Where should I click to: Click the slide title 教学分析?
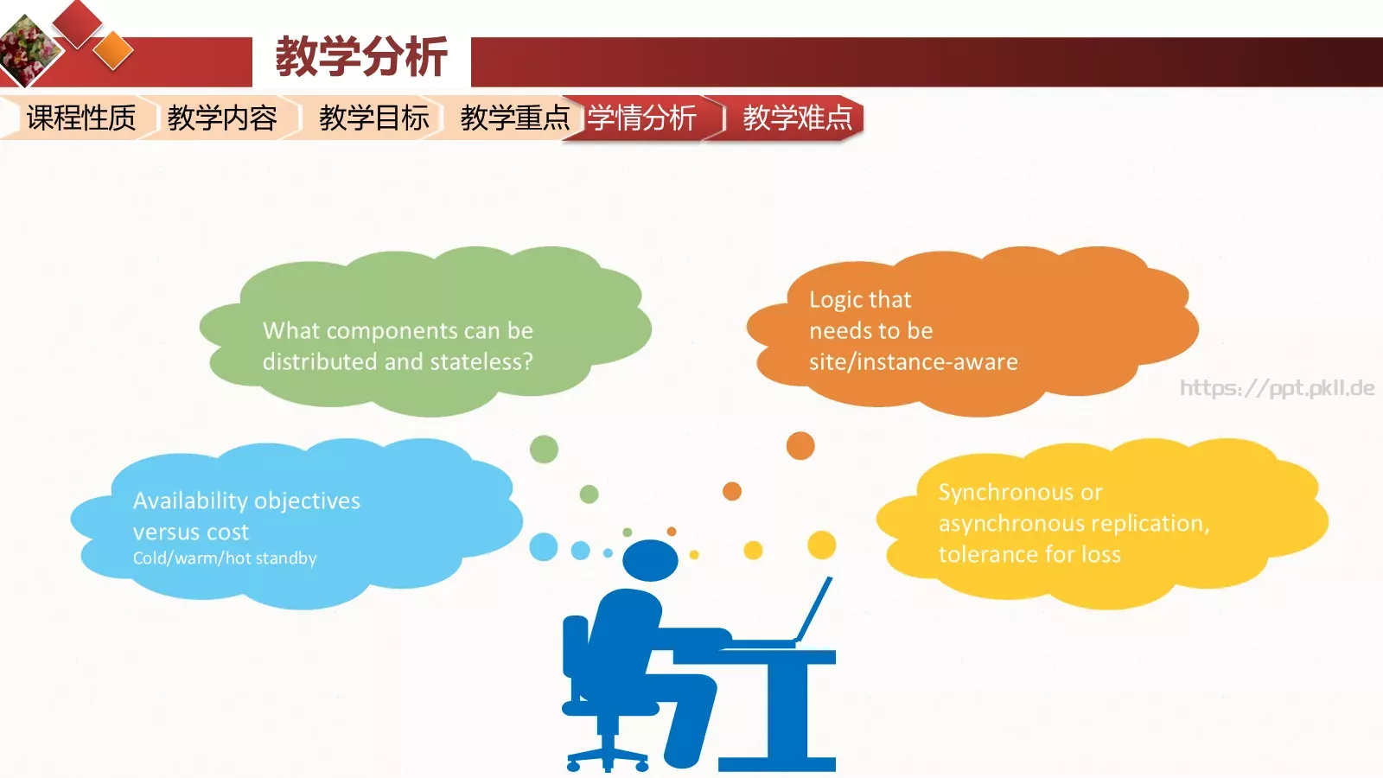361,57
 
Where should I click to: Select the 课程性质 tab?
81,118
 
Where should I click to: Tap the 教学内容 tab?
222,118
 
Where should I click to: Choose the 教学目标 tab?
373,118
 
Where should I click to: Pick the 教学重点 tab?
514,118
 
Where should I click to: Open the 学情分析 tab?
642,118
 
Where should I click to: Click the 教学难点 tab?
797,118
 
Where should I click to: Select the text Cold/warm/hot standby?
225,558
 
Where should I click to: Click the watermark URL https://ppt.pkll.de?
1277,388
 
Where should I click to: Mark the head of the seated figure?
650,560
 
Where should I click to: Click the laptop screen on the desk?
814,609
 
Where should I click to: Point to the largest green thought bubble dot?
544,450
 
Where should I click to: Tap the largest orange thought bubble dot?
800,446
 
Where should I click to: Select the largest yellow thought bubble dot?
821,545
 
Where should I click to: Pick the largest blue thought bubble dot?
544,547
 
